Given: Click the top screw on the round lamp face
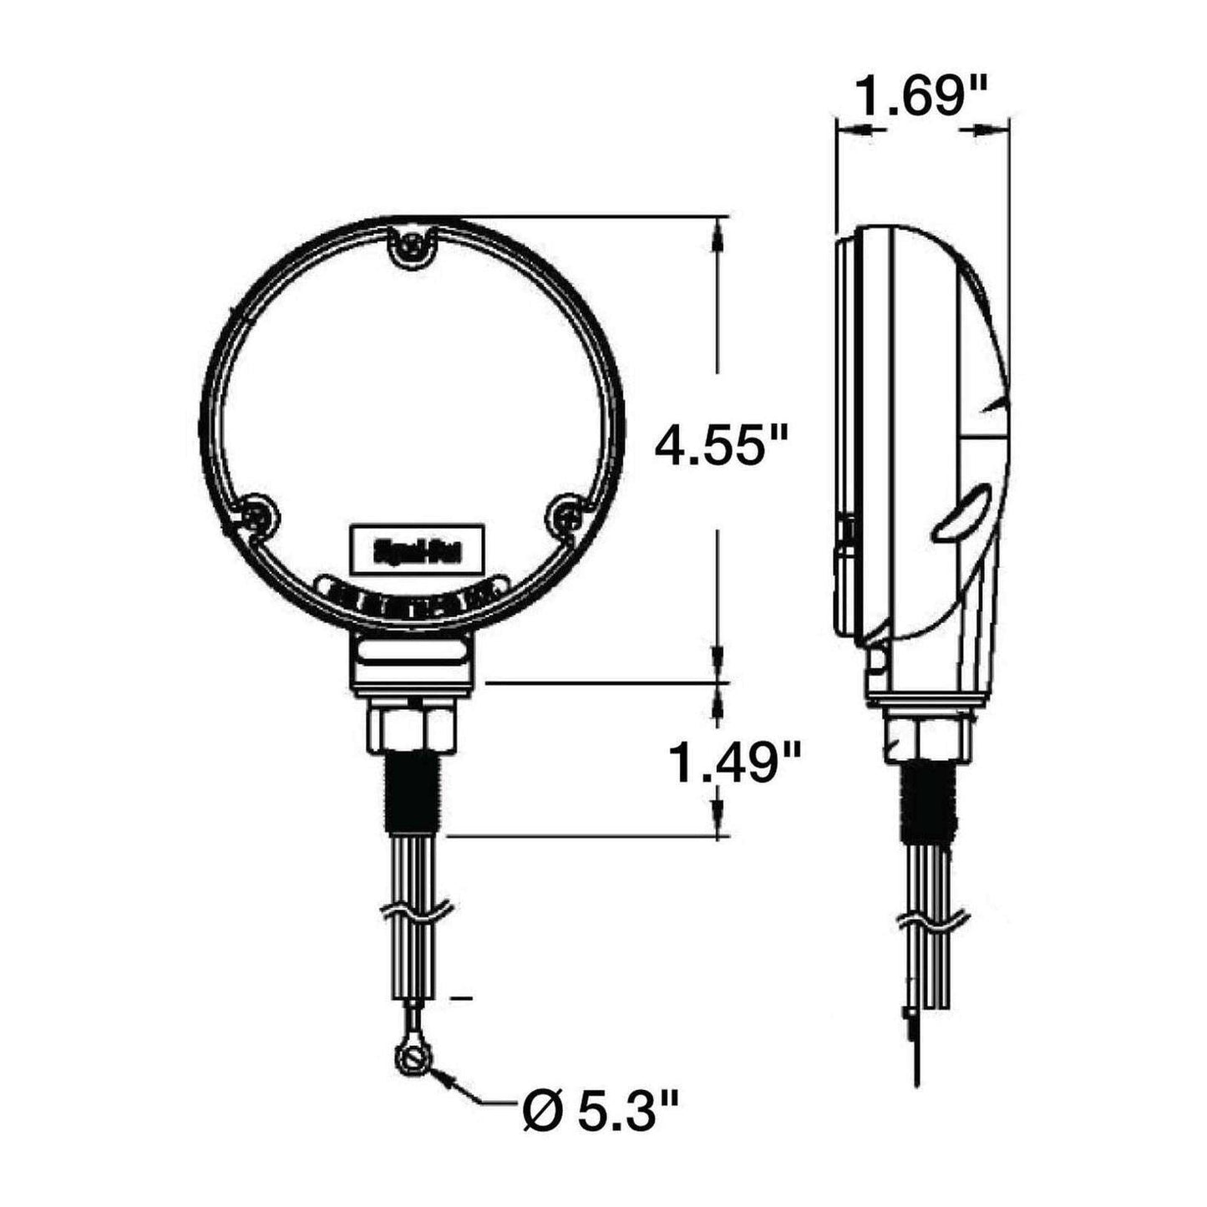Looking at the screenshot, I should tap(412, 246).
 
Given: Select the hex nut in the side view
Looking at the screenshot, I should tap(929, 736).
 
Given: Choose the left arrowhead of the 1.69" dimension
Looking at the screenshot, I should tap(852, 130).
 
